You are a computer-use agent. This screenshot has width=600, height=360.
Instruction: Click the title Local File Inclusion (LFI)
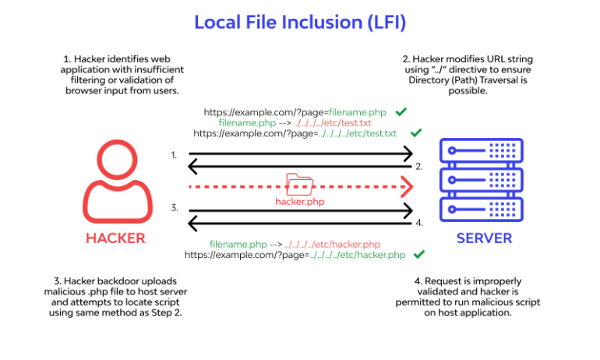coord(299,23)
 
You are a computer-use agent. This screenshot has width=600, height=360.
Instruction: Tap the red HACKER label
coord(115,238)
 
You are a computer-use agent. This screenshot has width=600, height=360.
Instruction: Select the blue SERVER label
coord(483,238)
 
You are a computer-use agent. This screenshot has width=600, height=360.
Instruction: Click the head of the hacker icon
coord(115,160)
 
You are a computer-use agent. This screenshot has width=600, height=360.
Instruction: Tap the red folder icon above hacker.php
coord(298,185)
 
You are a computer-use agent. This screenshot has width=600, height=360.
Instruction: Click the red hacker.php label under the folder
coord(298,201)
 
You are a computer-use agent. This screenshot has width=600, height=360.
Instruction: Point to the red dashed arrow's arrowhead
coord(405,187)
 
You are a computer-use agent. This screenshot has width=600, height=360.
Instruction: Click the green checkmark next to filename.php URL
coord(402,112)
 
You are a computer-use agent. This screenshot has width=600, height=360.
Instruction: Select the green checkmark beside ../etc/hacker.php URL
coord(418,254)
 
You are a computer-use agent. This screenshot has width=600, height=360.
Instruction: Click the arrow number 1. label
coord(175,155)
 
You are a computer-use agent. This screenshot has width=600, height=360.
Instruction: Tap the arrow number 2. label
coord(418,167)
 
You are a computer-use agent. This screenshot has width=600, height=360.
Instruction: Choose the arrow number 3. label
coord(175,208)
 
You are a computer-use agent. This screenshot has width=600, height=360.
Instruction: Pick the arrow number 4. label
coord(418,224)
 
